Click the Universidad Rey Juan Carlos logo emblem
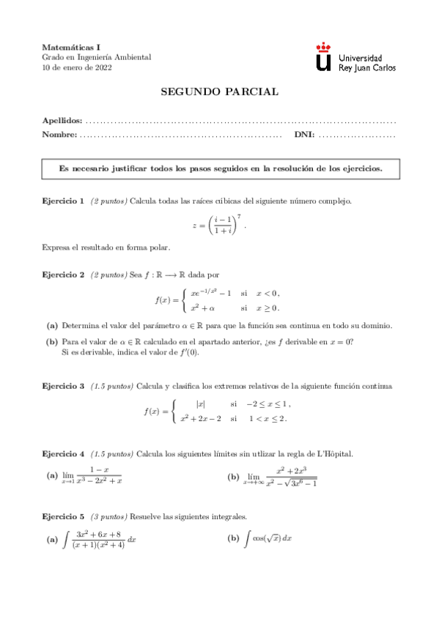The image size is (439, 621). pos(323,56)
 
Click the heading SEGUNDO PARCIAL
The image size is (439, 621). pos(219,92)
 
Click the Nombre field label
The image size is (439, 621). pos(59,135)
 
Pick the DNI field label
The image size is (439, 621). pos(304,135)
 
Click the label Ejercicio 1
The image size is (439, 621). pos(63,200)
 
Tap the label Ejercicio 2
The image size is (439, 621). pos(63,275)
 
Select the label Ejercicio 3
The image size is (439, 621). pos(63,386)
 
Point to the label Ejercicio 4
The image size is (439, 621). pos(63,453)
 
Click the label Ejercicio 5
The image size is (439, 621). pos(63,516)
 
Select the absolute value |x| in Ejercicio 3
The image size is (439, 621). pos(200,404)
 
